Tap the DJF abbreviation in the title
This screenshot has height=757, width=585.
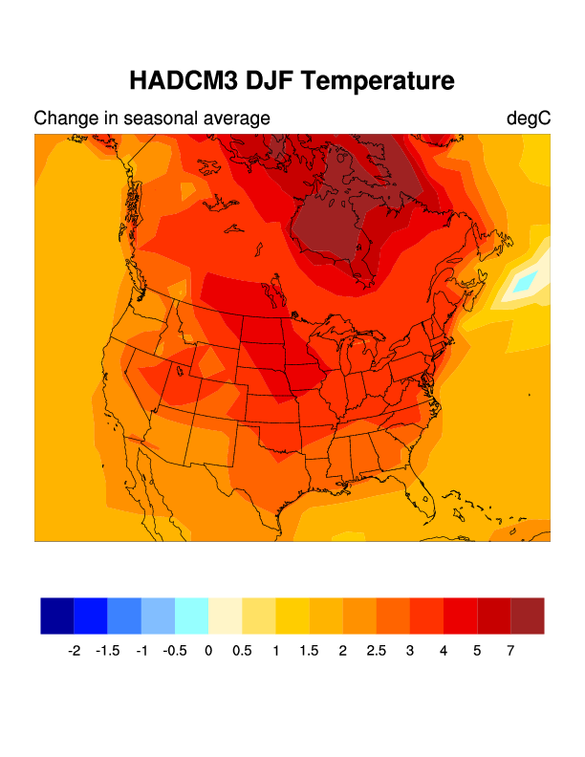pos(267,81)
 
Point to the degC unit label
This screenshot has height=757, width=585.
pos(528,119)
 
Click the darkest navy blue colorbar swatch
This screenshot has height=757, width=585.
pos(57,616)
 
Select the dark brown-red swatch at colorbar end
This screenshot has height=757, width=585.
pos(528,616)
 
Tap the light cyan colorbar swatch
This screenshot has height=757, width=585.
pos(191,616)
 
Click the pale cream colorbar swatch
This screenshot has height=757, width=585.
pos(225,616)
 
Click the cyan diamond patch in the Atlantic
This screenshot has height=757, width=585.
pos(526,282)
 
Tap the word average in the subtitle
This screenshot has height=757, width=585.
pos(235,119)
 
